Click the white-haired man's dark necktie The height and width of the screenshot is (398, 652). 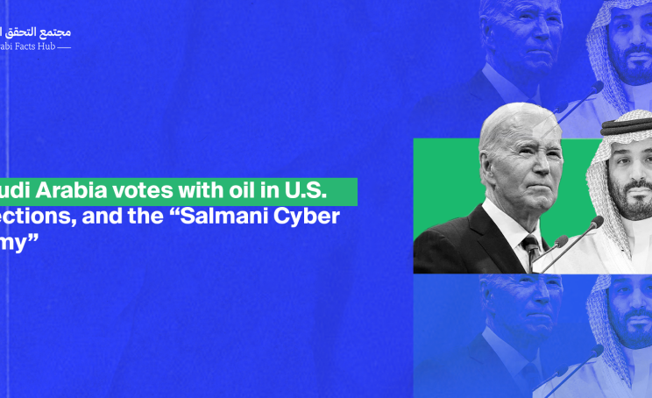tap(532, 249)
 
